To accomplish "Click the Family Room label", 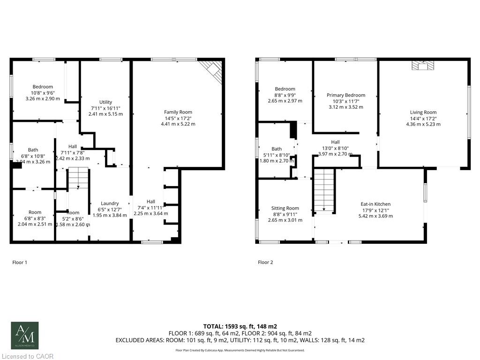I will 178,112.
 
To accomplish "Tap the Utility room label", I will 105,102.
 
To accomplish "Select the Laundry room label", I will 110,203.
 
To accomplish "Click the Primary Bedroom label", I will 345,95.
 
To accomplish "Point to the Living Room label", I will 423,112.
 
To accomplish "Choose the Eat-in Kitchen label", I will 375,204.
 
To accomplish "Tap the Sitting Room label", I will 285,208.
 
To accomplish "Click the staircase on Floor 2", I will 324,190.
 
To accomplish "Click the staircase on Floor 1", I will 78,179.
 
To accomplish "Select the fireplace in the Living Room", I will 423,66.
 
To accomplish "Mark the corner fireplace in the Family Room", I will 212,72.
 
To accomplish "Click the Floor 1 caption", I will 20,262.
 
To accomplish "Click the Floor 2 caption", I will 265,262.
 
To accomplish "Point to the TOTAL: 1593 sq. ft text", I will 240,326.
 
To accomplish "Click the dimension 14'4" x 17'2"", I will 423,119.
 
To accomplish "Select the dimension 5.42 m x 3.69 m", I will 375,216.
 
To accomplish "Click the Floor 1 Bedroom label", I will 43,87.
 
